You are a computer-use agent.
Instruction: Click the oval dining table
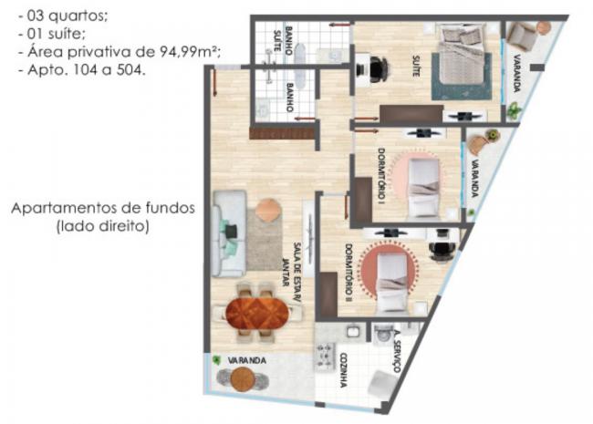[x=257, y=313]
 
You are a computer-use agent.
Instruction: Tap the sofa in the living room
[x=229, y=233]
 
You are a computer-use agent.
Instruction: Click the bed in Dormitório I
[x=424, y=189]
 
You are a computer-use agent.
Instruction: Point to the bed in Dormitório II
[x=392, y=283]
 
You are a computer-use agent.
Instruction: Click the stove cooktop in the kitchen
[x=325, y=356]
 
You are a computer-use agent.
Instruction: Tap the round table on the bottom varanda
[x=242, y=379]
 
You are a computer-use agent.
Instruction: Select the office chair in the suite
[x=377, y=69]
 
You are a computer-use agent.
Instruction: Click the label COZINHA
[x=343, y=370]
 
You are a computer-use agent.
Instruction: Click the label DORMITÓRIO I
[x=382, y=174]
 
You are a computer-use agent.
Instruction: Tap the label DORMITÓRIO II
[x=349, y=272]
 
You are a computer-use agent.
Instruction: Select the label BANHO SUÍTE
[x=283, y=40]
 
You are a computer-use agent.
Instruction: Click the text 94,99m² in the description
[x=190, y=51]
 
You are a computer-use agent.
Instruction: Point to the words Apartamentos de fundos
[x=103, y=208]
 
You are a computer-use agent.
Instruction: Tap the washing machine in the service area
[x=382, y=334]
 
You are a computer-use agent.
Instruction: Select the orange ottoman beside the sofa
[x=268, y=210]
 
